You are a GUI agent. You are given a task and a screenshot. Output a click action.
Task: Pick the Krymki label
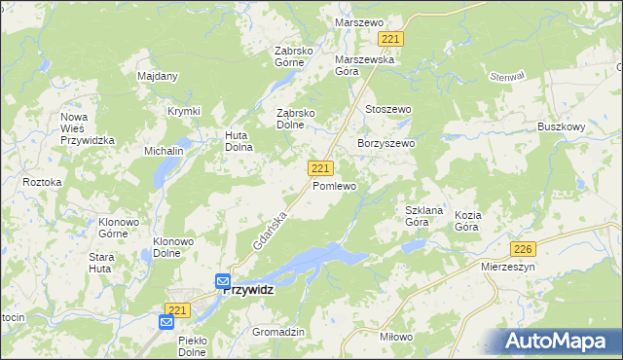click(x=183, y=111)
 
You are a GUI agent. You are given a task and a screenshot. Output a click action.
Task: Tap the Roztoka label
click(x=42, y=182)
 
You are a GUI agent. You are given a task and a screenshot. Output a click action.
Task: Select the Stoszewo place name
click(x=387, y=110)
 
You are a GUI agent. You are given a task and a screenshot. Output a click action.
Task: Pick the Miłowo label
click(x=395, y=336)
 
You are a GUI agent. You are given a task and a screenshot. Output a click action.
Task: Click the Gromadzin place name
click(x=278, y=332)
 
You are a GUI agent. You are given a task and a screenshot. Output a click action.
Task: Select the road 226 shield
click(x=524, y=248)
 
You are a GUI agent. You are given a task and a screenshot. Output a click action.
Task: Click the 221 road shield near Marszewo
click(x=391, y=39)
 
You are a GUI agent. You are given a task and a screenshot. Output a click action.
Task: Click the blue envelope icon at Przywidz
click(x=223, y=281)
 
